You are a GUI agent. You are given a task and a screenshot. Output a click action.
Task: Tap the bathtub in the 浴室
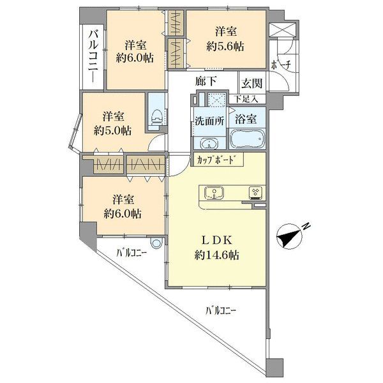click(x=248, y=139)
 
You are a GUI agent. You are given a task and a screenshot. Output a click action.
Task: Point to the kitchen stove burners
click(x=256, y=191)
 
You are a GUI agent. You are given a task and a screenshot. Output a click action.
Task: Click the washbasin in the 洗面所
click(x=209, y=144)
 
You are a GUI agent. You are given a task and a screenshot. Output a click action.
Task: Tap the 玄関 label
click(x=252, y=83)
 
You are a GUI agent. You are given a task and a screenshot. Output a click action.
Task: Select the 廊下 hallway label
click(x=206, y=81)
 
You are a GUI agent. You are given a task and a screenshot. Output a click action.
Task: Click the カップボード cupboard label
click(x=217, y=160)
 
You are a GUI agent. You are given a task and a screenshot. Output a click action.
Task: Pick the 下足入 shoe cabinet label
click(x=246, y=99)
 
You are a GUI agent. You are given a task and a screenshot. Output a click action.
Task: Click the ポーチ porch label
click(x=281, y=65)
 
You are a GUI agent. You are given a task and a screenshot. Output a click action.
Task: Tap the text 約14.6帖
click(x=216, y=255)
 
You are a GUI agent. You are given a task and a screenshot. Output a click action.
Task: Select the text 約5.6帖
click(x=225, y=47)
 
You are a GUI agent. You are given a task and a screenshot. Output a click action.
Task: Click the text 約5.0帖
click(x=112, y=131)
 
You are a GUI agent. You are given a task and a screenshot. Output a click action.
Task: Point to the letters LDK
click(x=216, y=241)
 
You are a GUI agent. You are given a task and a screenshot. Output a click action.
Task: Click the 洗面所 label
click(x=209, y=121)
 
